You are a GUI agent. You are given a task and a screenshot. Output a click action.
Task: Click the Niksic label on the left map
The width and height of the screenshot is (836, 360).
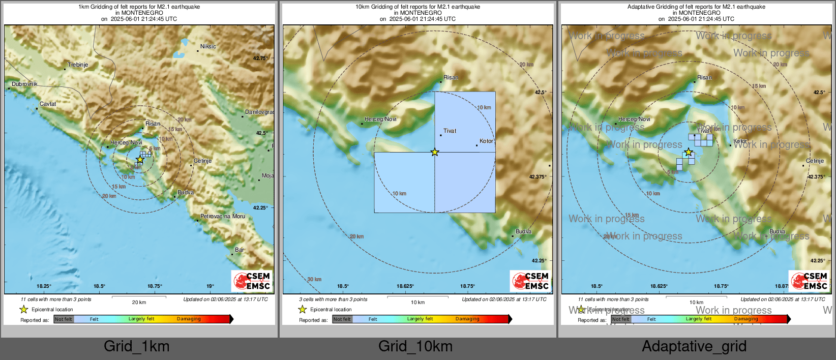(208, 46)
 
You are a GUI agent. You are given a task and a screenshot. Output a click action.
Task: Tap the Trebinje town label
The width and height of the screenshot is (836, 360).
(78, 65)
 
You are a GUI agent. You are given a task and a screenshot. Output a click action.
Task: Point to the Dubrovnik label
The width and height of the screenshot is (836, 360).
(24, 84)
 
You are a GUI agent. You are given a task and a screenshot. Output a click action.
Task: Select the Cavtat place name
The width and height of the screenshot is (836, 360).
(48, 104)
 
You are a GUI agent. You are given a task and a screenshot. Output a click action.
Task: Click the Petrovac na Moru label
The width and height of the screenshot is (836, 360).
(222, 216)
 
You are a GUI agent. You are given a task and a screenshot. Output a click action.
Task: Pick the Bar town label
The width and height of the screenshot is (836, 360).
(239, 250)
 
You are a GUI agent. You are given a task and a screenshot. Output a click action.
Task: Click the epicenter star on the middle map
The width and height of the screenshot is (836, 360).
(435, 152)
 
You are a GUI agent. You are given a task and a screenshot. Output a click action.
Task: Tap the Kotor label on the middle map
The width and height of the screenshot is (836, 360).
(486, 141)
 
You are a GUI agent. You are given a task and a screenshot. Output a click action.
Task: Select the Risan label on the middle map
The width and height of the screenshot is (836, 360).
(451, 78)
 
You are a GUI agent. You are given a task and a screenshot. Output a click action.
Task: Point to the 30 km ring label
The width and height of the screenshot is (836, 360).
(314, 279)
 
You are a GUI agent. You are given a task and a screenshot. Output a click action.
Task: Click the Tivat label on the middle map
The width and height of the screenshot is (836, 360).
(450, 131)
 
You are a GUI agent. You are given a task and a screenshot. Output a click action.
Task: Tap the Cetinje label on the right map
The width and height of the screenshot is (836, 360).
(815, 161)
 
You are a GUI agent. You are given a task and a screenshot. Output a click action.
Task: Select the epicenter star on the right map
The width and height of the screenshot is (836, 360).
(688, 152)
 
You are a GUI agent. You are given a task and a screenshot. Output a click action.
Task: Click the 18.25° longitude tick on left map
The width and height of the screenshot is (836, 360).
(44, 286)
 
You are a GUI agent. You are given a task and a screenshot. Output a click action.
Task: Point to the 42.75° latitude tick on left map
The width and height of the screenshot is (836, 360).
(260, 58)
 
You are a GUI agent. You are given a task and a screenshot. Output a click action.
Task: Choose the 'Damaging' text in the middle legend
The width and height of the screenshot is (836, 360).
(467, 319)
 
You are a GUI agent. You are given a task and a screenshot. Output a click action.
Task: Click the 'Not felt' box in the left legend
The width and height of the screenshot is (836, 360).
(64, 319)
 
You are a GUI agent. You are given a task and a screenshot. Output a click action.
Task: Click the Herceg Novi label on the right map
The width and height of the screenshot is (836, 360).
(634, 119)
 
